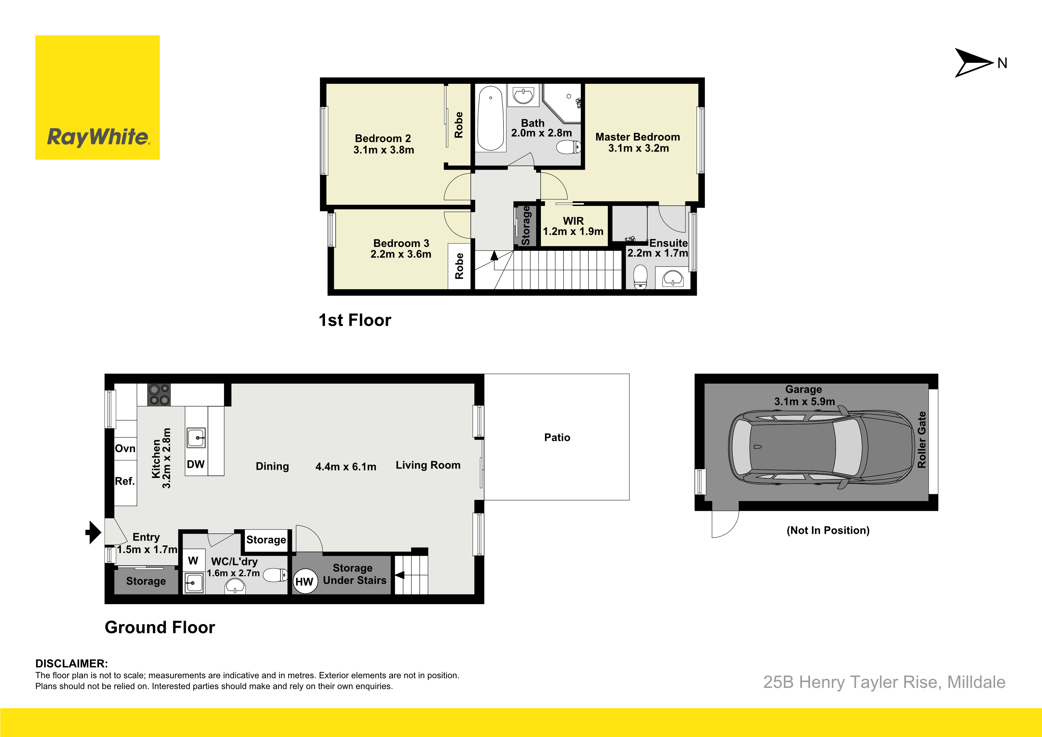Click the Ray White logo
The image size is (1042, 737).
[x=97, y=98]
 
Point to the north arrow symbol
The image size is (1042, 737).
[x=974, y=63]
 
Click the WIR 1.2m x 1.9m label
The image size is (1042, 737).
[x=573, y=226]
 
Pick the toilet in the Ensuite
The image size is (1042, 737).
[x=640, y=277]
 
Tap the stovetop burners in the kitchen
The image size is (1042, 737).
[x=159, y=395]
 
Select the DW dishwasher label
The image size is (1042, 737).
[x=196, y=464]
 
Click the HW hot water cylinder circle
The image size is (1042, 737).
[x=304, y=582]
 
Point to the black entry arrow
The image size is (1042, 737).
[x=94, y=532]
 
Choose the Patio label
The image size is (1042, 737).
[x=557, y=437]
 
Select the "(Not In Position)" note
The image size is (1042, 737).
[x=828, y=530]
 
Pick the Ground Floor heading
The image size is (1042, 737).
[x=160, y=627]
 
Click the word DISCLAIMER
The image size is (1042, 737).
[x=72, y=663]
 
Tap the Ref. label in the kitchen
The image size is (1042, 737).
[x=125, y=481]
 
